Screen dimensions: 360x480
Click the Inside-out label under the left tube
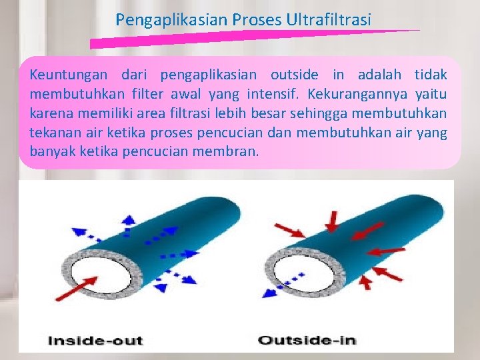pyautogui.click(x=95, y=341)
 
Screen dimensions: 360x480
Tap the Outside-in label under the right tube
pyautogui.click(x=307, y=341)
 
